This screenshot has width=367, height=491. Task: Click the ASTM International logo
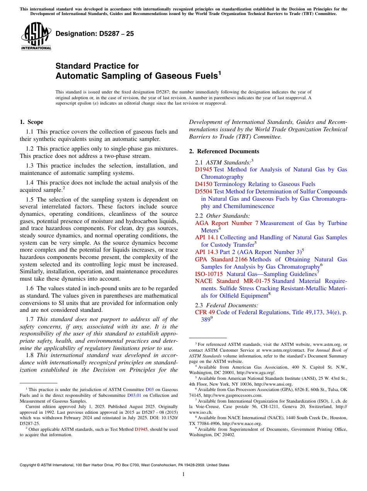(36, 37)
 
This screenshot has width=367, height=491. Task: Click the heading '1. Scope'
(31, 122)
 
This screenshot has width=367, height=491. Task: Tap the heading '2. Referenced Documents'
(224, 151)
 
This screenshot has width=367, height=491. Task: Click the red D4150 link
(204, 184)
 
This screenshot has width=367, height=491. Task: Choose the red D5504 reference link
(204, 191)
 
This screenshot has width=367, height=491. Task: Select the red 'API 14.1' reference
(206, 237)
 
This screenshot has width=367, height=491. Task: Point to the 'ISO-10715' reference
(209, 274)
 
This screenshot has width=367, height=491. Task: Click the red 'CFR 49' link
(205, 312)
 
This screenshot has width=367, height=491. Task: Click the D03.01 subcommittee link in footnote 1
(133, 395)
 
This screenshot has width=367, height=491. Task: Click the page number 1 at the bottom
(183, 474)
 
